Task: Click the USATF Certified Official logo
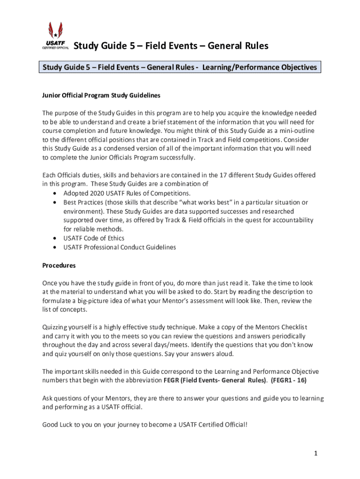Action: point(56,36)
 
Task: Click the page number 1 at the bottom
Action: point(316,453)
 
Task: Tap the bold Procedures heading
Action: point(59,265)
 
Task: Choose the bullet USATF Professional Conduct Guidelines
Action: point(120,247)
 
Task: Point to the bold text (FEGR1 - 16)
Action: point(288,380)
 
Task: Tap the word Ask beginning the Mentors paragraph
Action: point(48,399)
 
